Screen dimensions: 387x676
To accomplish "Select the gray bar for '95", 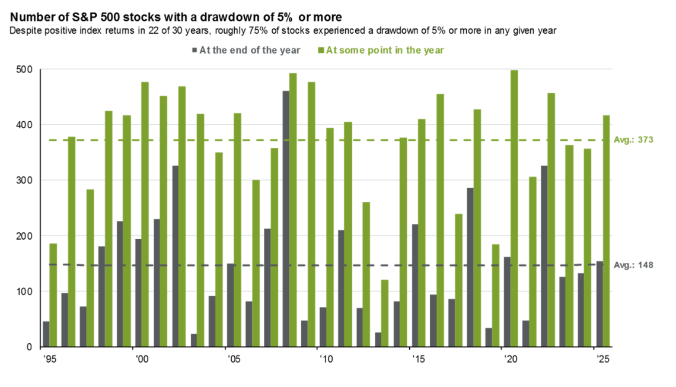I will pyautogui.click(x=46, y=334).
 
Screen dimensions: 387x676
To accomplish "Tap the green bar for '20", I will pyautogui.click(x=514, y=208).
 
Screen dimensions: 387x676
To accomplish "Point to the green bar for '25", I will pyautogui.click(x=607, y=231).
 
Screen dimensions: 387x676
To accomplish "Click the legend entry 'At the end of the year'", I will pyautogui.click(x=250, y=50).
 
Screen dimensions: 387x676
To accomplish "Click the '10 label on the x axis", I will pyautogui.click(x=322, y=359).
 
